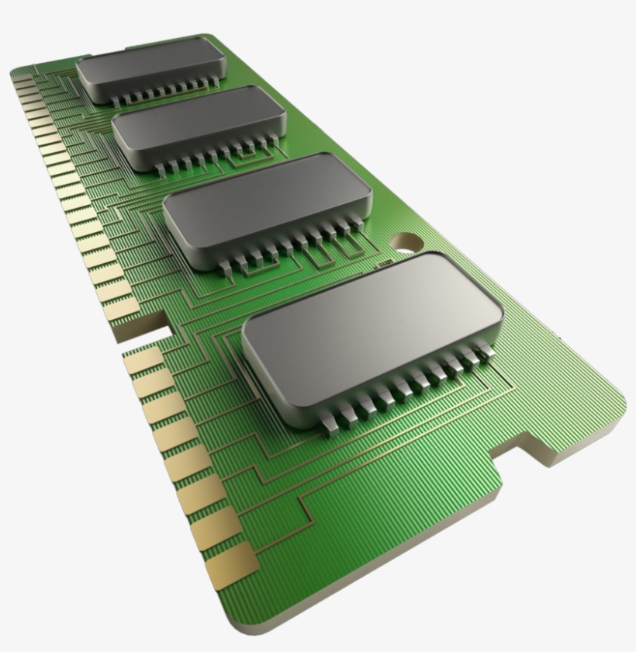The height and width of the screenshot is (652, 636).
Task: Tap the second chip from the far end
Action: [199, 127]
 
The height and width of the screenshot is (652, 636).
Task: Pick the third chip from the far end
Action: [266, 202]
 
